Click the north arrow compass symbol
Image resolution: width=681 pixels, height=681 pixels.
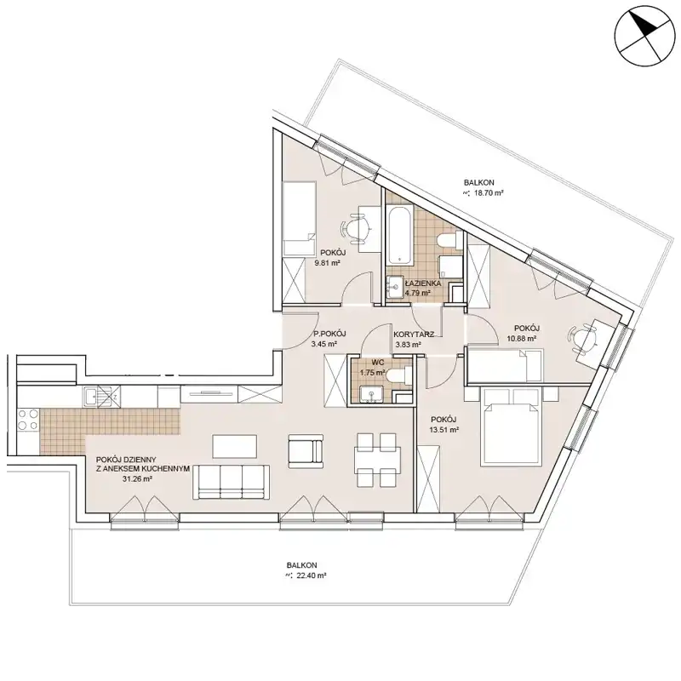644,37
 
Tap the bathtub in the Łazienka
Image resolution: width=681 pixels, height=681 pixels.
399,237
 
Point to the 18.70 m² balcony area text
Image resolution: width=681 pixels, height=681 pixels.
488,193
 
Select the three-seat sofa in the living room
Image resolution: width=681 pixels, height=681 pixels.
231,482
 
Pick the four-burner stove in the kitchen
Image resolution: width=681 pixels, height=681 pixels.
28,420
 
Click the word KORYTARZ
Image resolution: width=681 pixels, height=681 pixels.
414,335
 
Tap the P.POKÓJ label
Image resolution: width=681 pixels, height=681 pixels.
329,334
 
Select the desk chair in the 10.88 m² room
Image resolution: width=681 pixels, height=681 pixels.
582,338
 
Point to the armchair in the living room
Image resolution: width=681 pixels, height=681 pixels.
306,451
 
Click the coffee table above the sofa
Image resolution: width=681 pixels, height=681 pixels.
235,446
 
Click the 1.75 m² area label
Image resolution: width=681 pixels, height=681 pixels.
372,373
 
